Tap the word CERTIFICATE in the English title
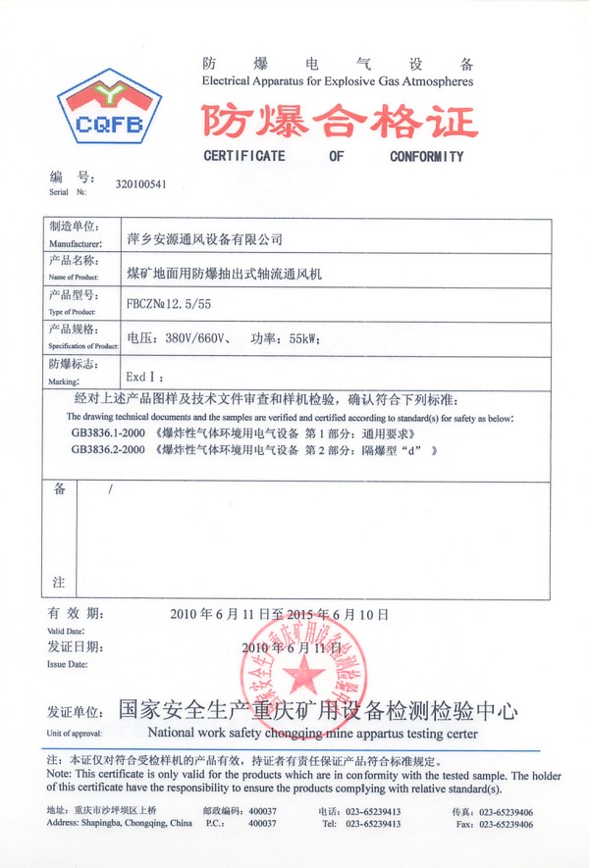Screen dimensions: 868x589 pyautogui.click(x=244, y=157)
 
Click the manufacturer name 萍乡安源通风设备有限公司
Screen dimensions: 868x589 pyautogui.click(x=205, y=238)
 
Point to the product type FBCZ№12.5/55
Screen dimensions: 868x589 pyautogui.click(x=170, y=304)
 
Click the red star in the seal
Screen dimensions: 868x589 pyautogui.click(x=306, y=676)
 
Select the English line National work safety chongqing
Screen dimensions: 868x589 pyautogui.click(x=312, y=733)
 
